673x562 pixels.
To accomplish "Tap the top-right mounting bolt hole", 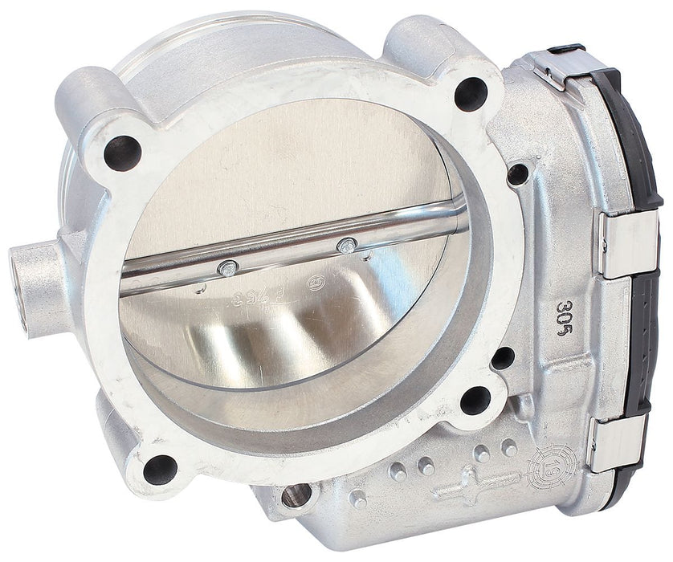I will point(470,95).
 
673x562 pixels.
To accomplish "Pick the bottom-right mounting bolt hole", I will point(475,399).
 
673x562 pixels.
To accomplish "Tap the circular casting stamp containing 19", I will point(549,466).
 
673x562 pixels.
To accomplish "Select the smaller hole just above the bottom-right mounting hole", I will point(503,358).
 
